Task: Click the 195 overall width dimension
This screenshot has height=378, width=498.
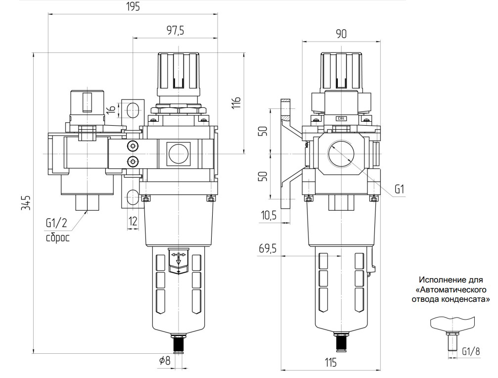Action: click(x=133, y=7)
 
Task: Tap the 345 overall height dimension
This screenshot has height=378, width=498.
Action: click(x=26, y=203)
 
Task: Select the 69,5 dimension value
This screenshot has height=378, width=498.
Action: click(x=267, y=249)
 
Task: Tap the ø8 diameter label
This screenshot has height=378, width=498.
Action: click(x=165, y=361)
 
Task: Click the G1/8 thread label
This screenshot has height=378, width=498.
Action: click(x=471, y=351)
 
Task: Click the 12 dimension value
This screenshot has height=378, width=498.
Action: click(x=133, y=221)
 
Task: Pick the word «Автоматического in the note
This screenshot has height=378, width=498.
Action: click(x=450, y=289)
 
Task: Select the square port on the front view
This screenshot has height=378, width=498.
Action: click(x=178, y=153)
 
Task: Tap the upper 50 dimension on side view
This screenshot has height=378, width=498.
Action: click(x=264, y=131)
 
